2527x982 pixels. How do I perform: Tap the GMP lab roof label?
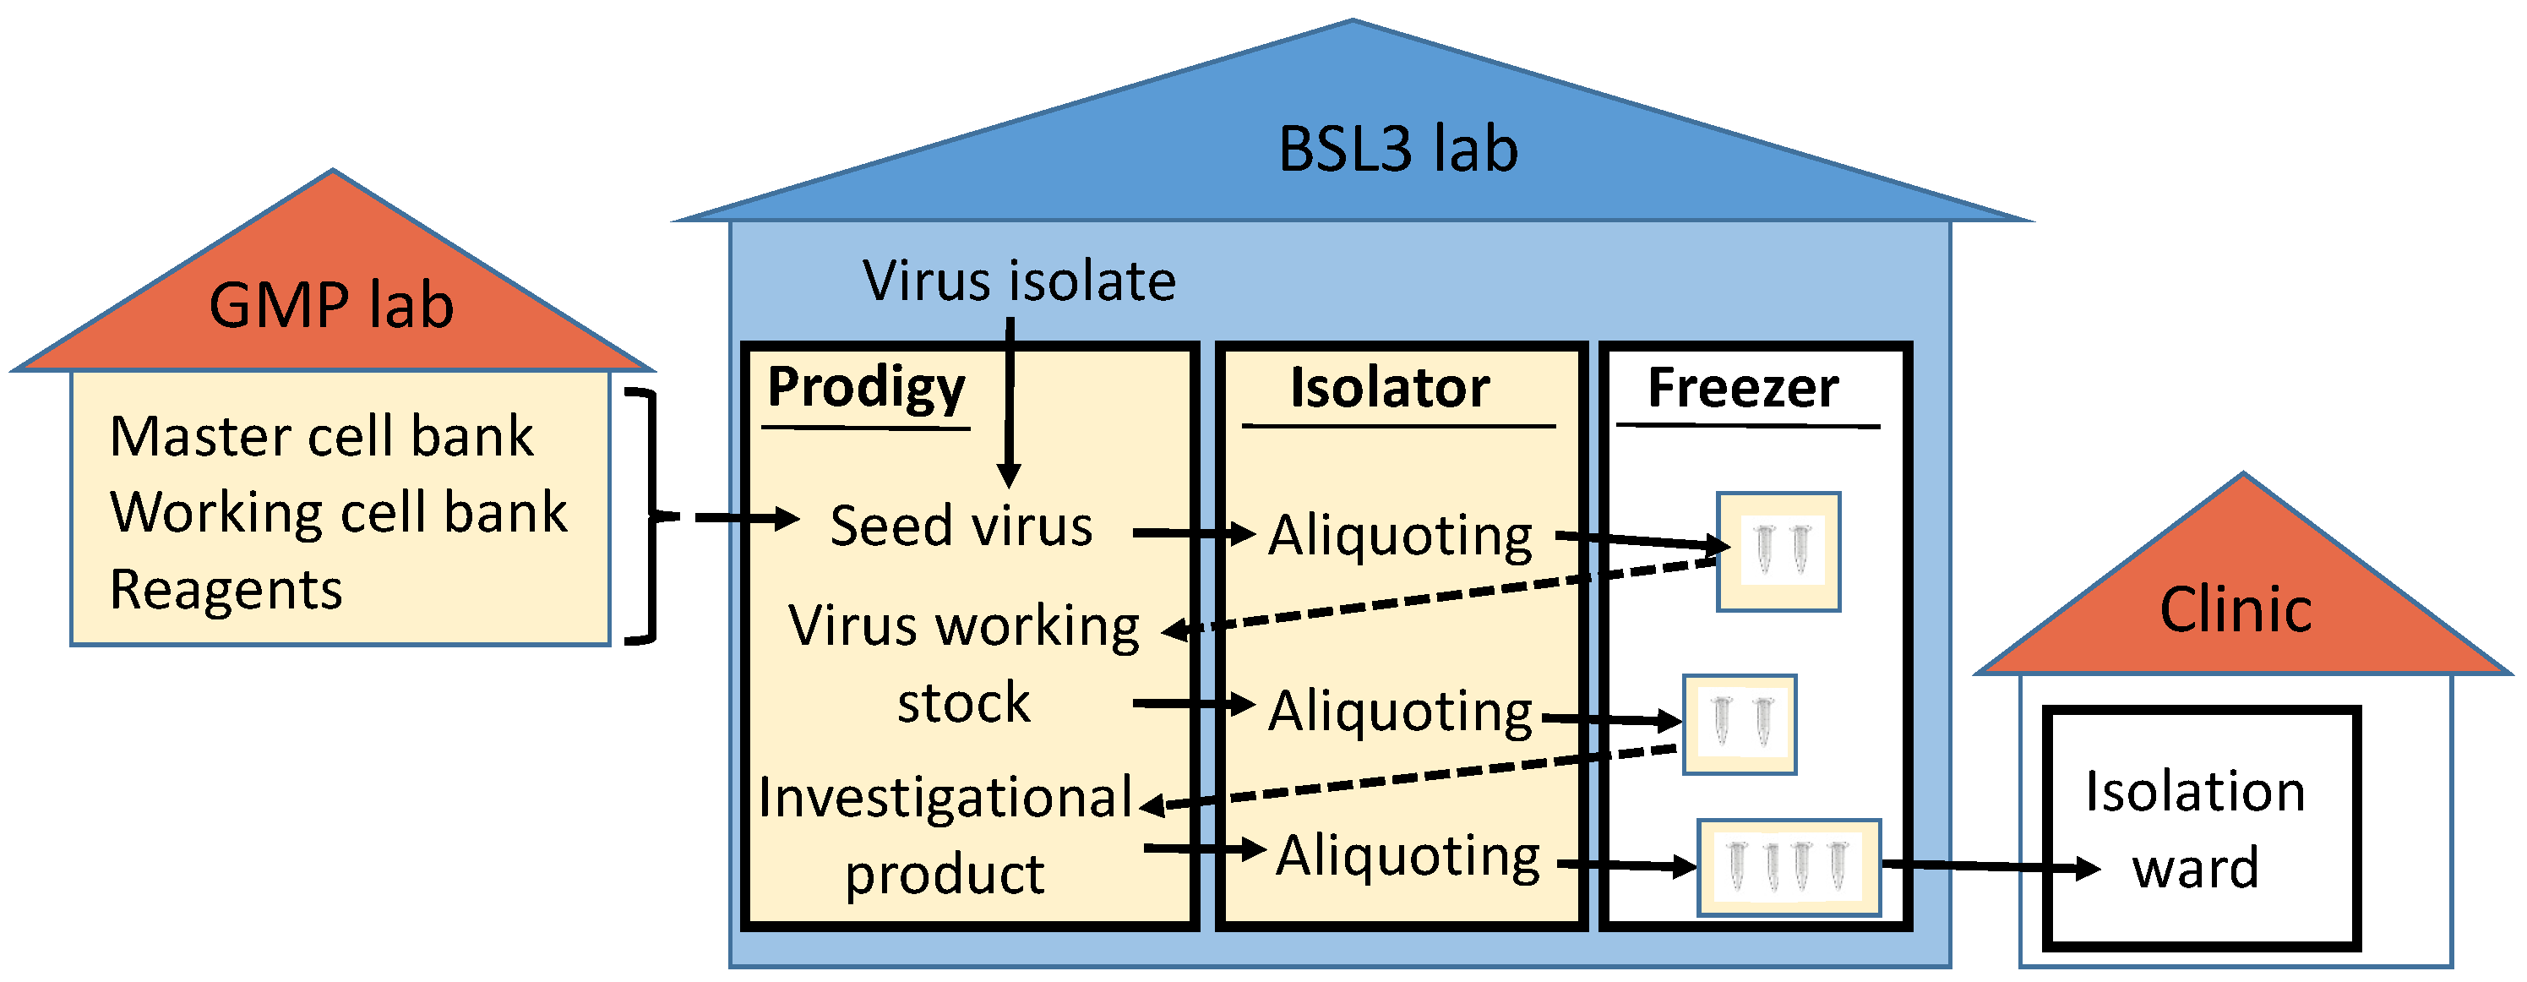coord(331,305)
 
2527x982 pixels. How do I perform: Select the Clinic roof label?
coord(2236,609)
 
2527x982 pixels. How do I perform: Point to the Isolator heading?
coord(1389,389)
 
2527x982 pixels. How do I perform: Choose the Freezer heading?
coord(1742,389)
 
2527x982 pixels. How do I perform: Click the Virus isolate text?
coord(1019,281)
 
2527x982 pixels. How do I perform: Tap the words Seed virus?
coord(961,526)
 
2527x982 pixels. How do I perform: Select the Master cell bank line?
coord(321,437)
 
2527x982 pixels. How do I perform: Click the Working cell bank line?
coord(339,513)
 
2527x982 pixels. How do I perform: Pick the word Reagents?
coord(226,591)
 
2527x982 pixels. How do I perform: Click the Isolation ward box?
coord(2200,829)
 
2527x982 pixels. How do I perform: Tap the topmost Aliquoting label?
coord(1400,537)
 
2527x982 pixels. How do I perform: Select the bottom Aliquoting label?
coord(1408,856)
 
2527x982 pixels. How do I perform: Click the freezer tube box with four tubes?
coord(1789,867)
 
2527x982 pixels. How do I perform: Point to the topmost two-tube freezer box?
coord(1778,551)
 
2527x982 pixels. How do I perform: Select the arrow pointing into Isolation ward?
coord(1991,866)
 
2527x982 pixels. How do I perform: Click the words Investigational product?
coord(945,835)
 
